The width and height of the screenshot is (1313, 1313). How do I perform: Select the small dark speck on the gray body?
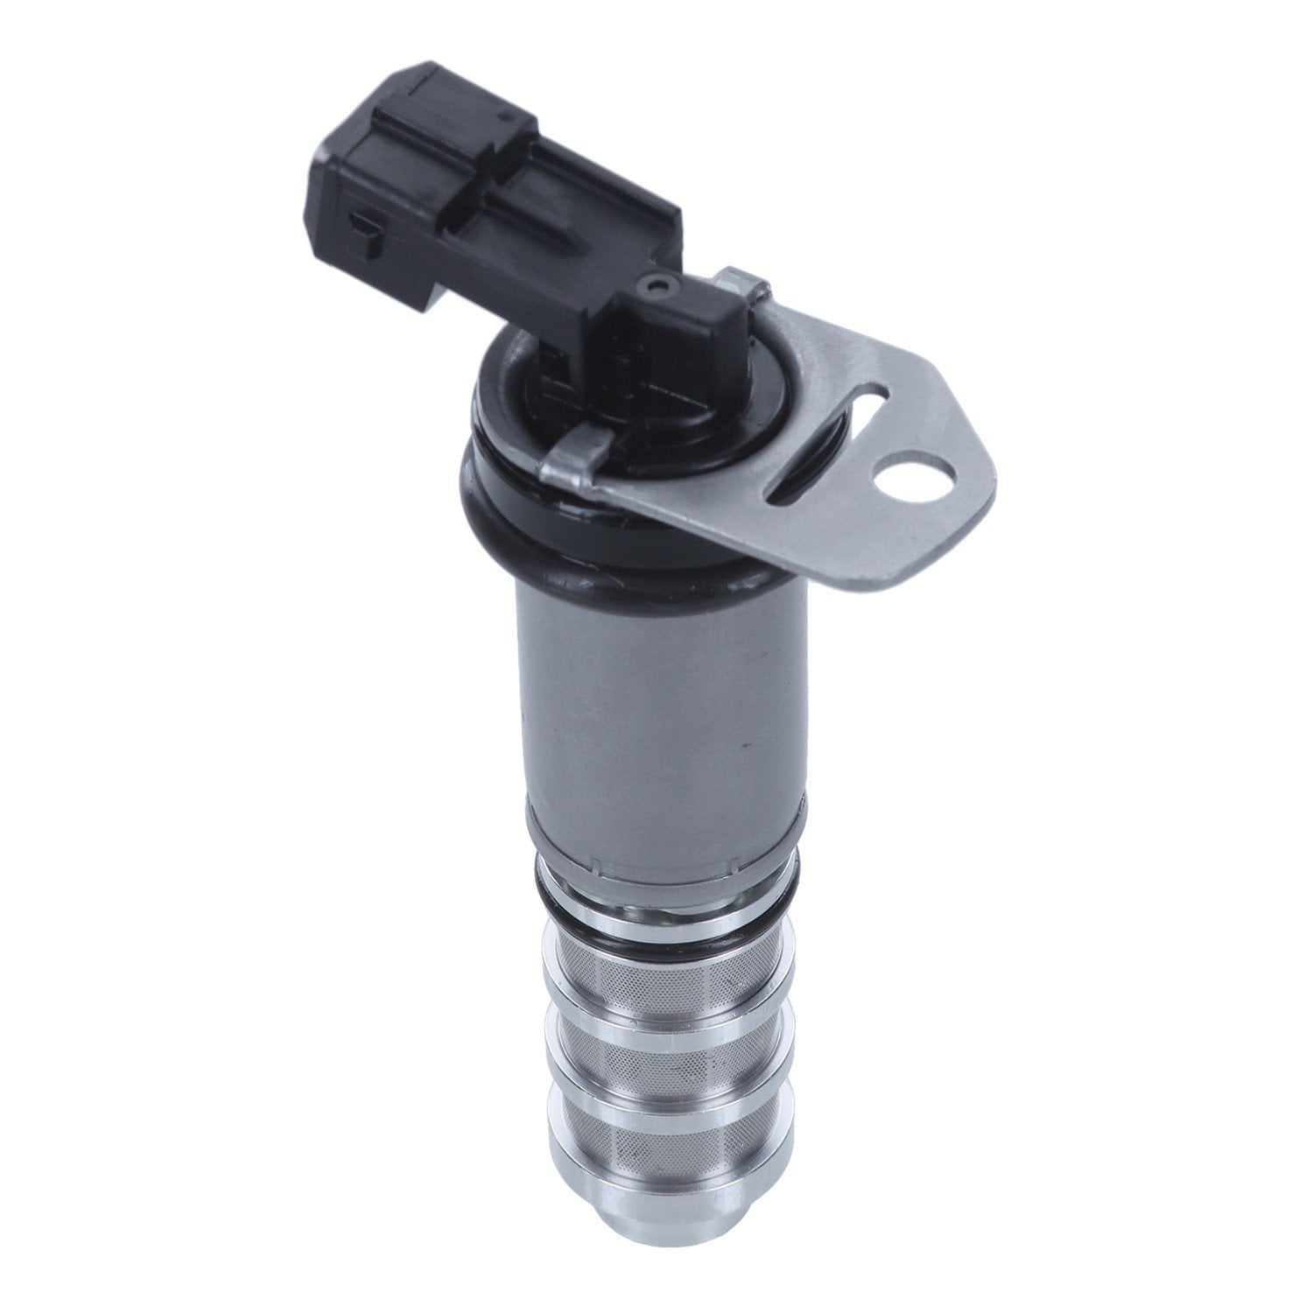tap(745, 745)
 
